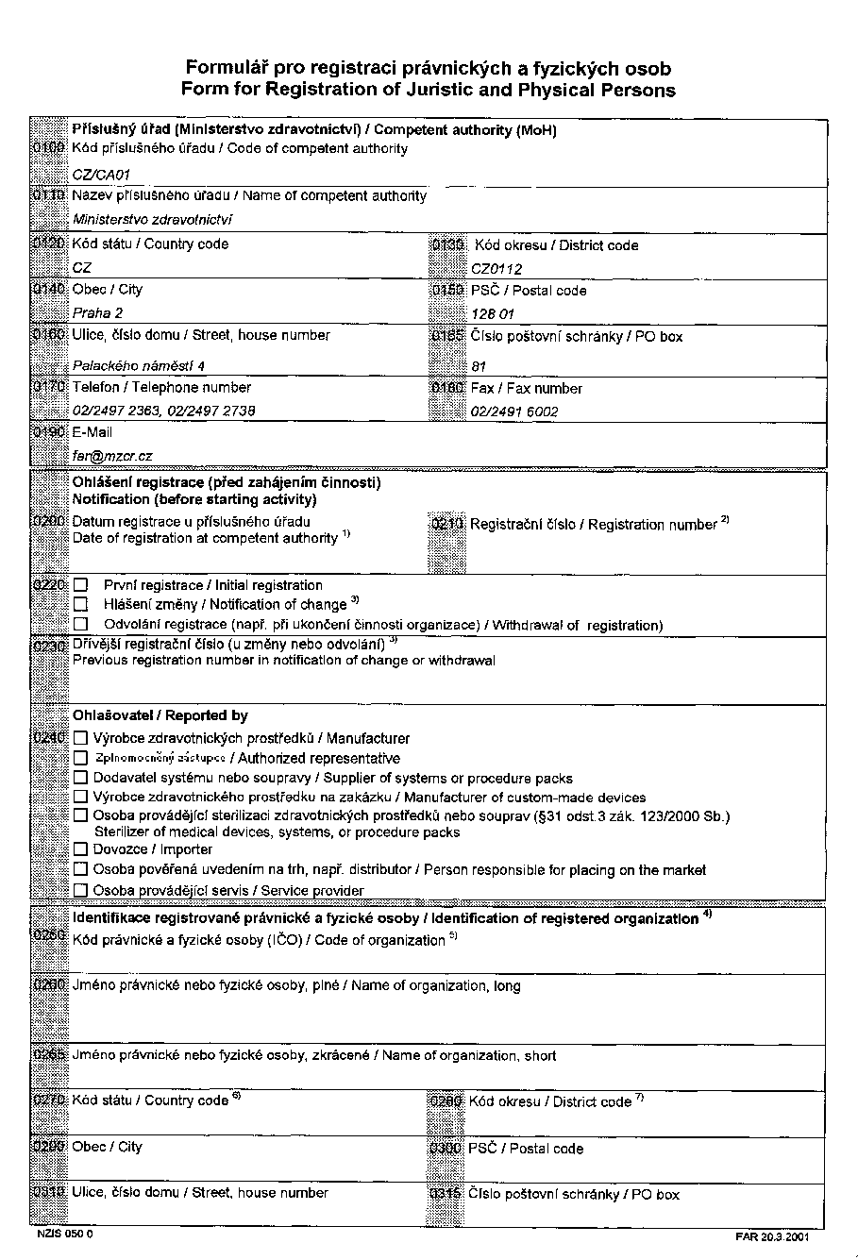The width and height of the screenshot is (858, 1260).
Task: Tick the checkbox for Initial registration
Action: (x=80, y=586)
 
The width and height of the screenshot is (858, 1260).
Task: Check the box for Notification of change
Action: (x=80, y=605)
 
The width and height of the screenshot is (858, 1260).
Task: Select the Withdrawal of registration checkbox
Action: (x=80, y=625)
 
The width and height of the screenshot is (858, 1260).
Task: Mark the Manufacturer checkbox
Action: (x=81, y=739)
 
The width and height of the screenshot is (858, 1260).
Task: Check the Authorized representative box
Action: (x=81, y=759)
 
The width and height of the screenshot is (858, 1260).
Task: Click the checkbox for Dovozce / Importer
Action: (x=81, y=849)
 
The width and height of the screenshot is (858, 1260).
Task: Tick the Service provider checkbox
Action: (x=81, y=890)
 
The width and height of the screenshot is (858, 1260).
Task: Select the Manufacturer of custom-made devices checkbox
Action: (x=81, y=798)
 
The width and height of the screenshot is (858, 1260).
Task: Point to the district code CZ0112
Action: (x=496, y=269)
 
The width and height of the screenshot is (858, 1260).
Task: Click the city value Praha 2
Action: (x=98, y=313)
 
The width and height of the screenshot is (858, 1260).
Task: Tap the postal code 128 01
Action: (x=494, y=313)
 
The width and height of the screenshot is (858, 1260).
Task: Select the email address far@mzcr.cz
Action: (x=112, y=456)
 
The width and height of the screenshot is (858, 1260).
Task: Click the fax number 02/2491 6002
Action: (x=514, y=412)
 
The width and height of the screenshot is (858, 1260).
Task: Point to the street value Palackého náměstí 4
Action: (x=139, y=365)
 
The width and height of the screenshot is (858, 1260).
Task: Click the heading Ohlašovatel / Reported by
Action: (x=160, y=716)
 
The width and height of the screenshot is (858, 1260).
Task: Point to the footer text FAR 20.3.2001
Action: (x=771, y=1236)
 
